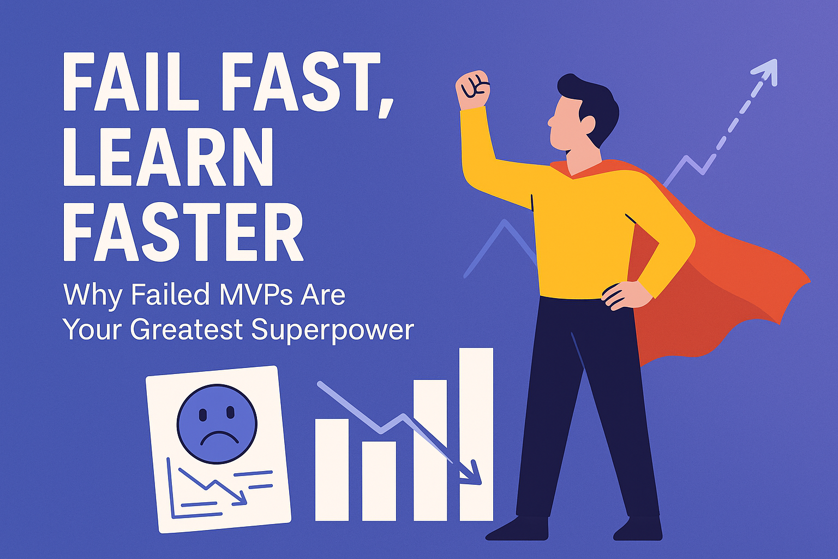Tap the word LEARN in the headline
(x=168, y=157)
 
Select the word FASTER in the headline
(x=183, y=232)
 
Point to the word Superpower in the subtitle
(x=333, y=330)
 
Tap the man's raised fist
(x=472, y=89)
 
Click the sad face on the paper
(x=217, y=424)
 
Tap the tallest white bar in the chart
(x=476, y=435)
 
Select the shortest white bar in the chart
(x=379, y=481)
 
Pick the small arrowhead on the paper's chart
(x=241, y=499)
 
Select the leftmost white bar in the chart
(x=332, y=470)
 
